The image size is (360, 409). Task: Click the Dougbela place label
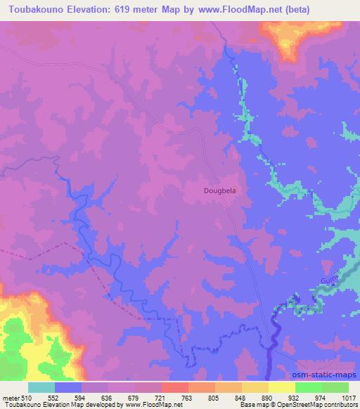[220, 190]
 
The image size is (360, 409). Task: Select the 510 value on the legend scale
[27, 397]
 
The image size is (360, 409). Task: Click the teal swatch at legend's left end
[41, 387]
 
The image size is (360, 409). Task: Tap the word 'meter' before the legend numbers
[10, 397]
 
